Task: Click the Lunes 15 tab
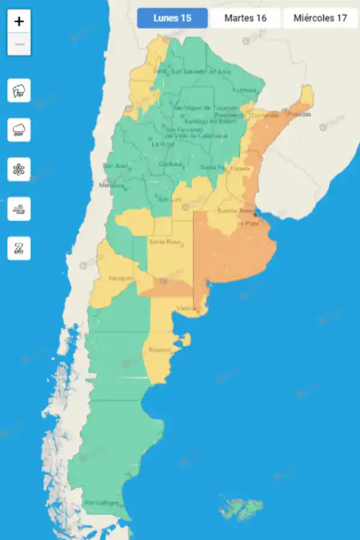pos(172,18)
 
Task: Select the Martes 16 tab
pos(245,18)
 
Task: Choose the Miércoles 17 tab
pos(320,18)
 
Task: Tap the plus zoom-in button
pos(19,22)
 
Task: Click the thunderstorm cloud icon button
pos(19,91)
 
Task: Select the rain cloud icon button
pos(19,130)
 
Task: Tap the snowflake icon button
pos(19,169)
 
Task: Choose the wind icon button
pos(19,209)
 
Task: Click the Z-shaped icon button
pos(19,248)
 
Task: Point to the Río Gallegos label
pos(101,503)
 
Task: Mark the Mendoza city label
pos(111,185)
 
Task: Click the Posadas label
pos(299,114)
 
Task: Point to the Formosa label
pos(244,90)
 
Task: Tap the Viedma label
pos(186,308)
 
